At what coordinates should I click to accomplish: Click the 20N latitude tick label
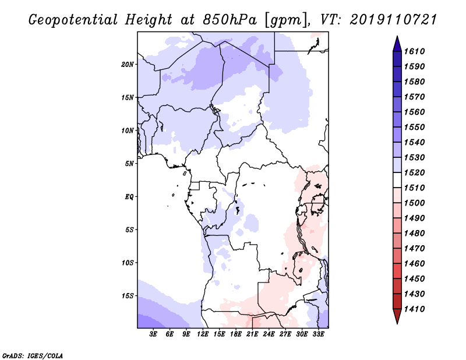coord(128,65)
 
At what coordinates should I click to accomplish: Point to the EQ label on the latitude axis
coord(129,197)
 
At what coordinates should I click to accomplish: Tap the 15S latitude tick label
coord(128,296)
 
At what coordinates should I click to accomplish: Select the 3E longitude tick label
coord(153,334)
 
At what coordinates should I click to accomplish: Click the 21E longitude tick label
coord(252,334)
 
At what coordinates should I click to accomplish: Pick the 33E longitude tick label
coord(318,334)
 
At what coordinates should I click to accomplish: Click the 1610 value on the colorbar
coord(414,51)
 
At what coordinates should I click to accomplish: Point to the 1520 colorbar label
coord(414,172)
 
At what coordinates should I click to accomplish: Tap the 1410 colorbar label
coord(414,309)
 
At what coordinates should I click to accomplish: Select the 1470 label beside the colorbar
coord(414,249)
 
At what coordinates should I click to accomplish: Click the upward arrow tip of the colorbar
coord(397,36)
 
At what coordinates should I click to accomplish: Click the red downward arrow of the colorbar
coord(397,316)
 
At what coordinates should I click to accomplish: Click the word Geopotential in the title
coord(73,20)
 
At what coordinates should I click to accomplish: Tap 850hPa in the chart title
coord(230,20)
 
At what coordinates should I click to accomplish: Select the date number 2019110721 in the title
coord(393,20)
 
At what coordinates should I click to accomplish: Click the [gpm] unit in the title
coord(285,20)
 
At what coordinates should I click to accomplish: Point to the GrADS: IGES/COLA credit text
coord(33,356)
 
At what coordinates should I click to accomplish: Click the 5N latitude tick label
coord(129,164)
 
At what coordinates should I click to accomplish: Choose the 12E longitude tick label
coord(203,334)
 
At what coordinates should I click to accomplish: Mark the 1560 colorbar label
coord(414,112)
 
